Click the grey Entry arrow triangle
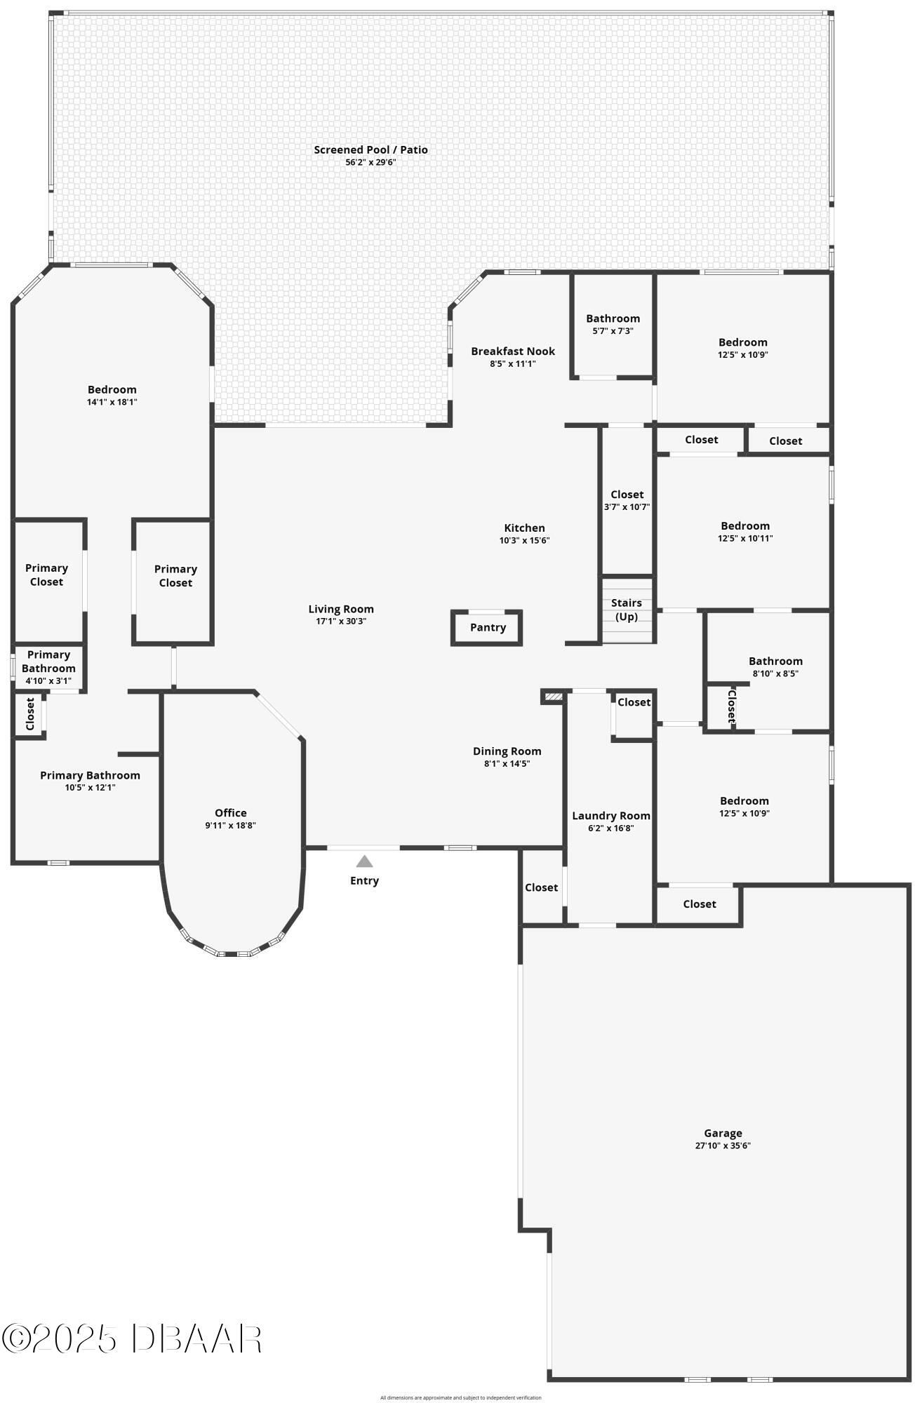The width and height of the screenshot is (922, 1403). tap(364, 861)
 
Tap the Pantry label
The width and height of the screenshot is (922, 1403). tap(488, 627)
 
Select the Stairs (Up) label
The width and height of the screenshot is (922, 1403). tap(627, 610)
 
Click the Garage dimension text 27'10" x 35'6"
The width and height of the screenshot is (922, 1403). tap(723, 1146)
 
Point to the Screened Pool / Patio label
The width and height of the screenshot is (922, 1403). tap(370, 149)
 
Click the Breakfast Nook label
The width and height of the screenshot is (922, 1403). tap(513, 351)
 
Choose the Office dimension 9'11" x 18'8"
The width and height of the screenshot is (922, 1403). tap(230, 826)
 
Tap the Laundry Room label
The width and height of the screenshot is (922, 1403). tap(610, 815)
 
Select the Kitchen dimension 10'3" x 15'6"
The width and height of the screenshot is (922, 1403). tap(524, 540)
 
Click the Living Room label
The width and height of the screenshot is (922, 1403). tap(341, 609)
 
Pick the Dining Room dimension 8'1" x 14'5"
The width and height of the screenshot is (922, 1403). tap(507, 763)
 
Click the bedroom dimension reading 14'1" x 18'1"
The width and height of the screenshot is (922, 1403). tap(112, 402)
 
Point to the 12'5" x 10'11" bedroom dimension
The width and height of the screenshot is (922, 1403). tap(745, 538)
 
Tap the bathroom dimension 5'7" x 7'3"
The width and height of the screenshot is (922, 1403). tap(613, 330)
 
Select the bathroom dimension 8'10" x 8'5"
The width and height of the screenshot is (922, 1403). tap(775, 673)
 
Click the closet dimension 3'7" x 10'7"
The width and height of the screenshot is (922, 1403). tap(627, 506)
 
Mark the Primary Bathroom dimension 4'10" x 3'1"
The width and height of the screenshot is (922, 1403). tap(48, 680)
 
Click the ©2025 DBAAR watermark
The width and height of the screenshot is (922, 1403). tap(132, 1339)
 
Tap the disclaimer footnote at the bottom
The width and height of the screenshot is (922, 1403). tap(460, 1397)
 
